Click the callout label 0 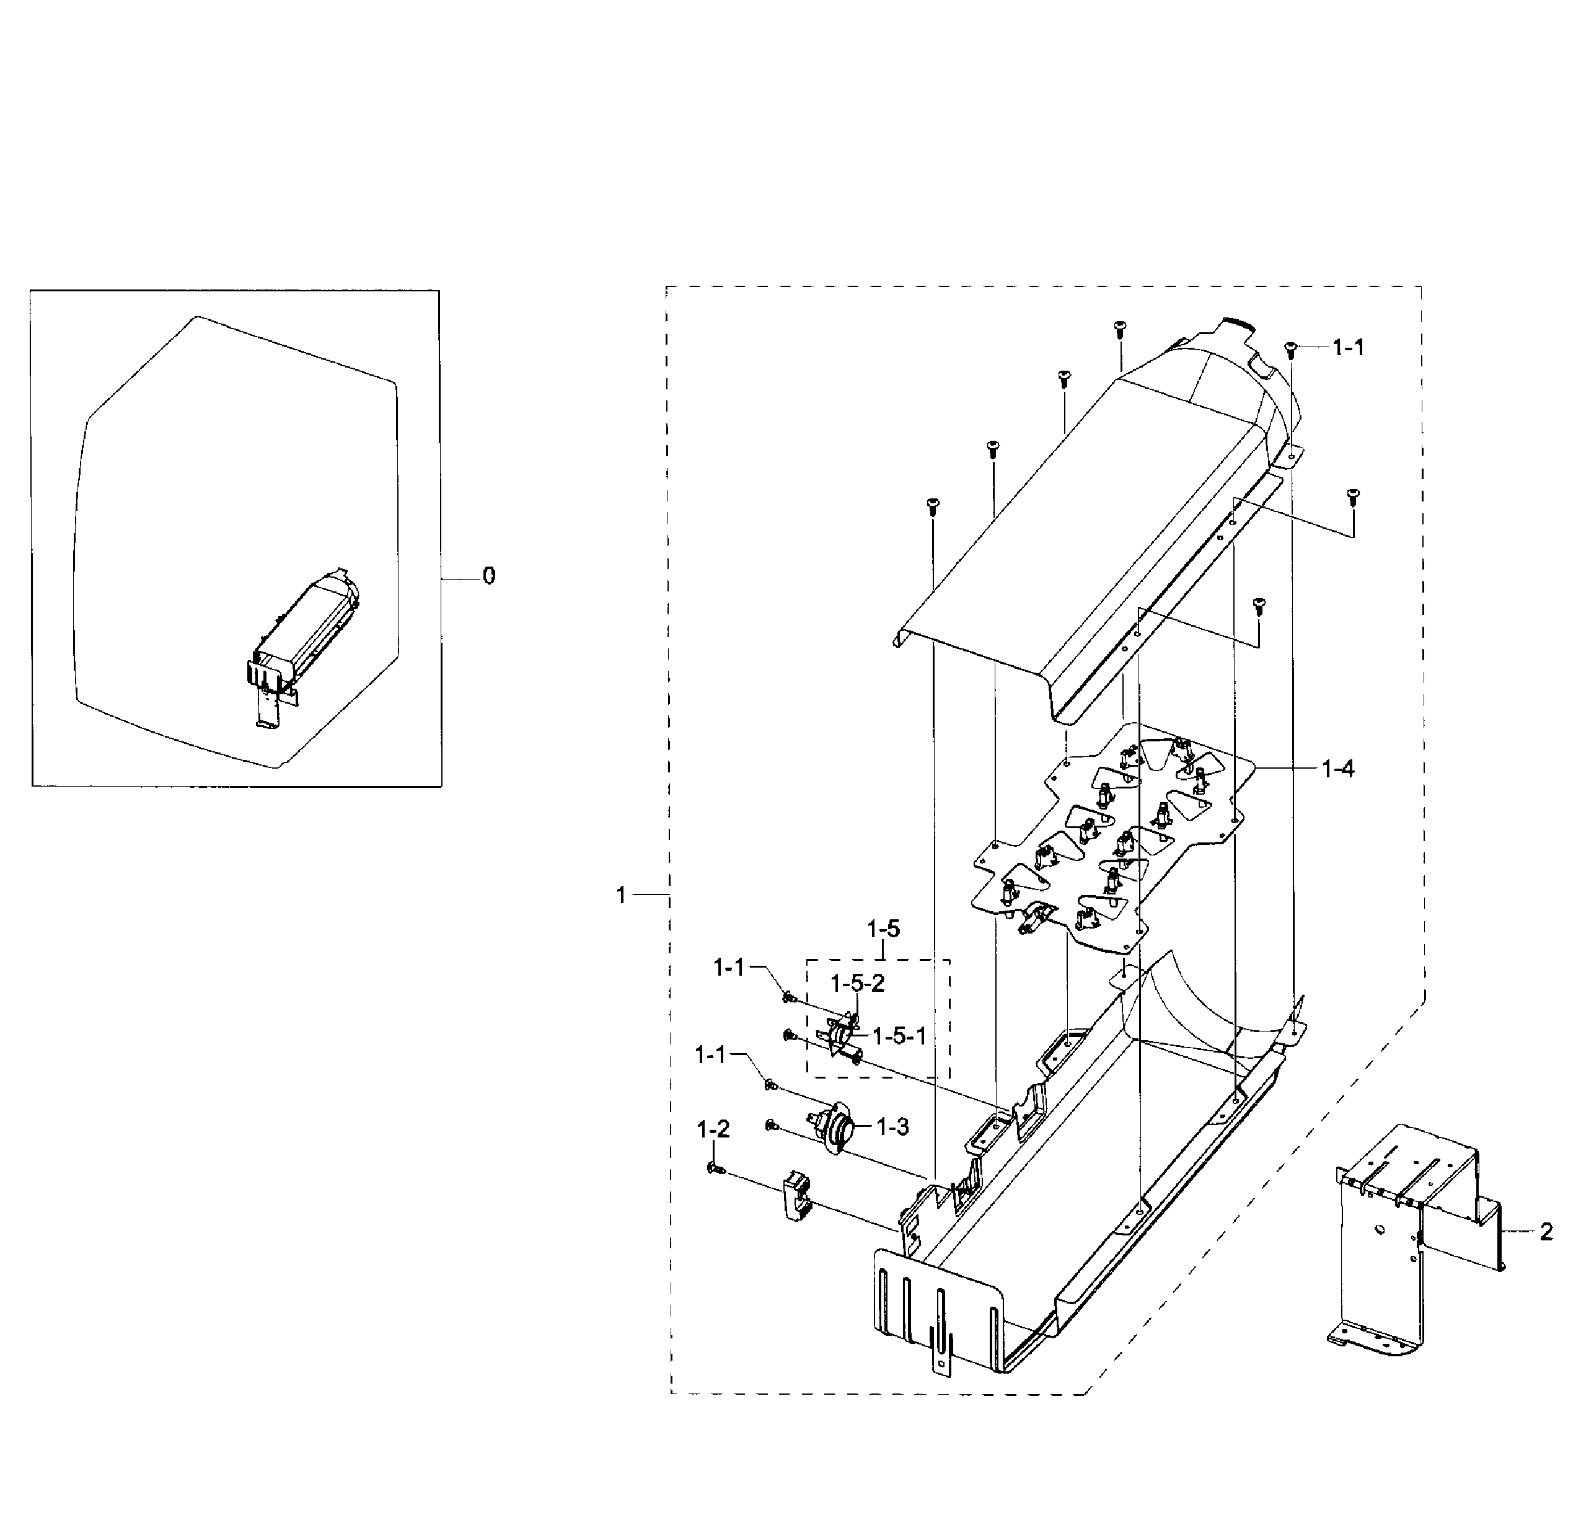click(489, 576)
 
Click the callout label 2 click(1546, 1232)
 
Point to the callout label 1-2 click(713, 1129)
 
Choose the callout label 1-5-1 click(899, 1036)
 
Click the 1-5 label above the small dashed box click(883, 929)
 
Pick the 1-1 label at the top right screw click(1348, 348)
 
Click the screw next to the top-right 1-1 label click(1289, 348)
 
